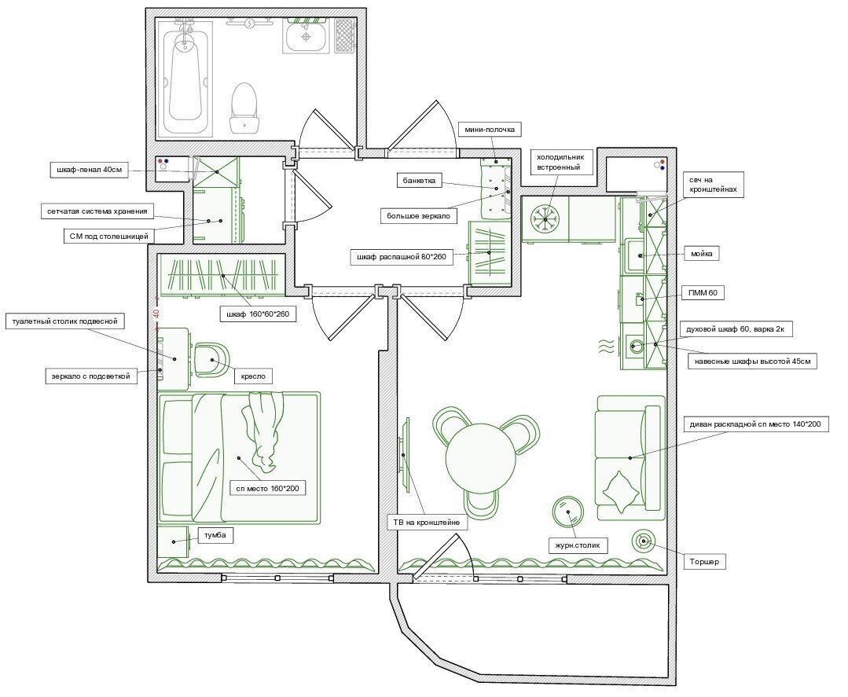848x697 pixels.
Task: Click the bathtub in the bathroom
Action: coord(186,78)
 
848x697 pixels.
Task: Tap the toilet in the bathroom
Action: coord(245,107)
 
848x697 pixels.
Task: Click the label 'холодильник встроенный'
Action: coord(559,161)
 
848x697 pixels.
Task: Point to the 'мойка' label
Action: coord(701,254)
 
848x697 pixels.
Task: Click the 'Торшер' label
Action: coord(704,562)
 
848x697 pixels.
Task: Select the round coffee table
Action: coord(567,512)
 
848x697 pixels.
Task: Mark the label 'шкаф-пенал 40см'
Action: coord(87,169)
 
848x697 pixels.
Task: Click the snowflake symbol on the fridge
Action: coord(545,217)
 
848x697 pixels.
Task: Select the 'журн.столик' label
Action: coord(578,545)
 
